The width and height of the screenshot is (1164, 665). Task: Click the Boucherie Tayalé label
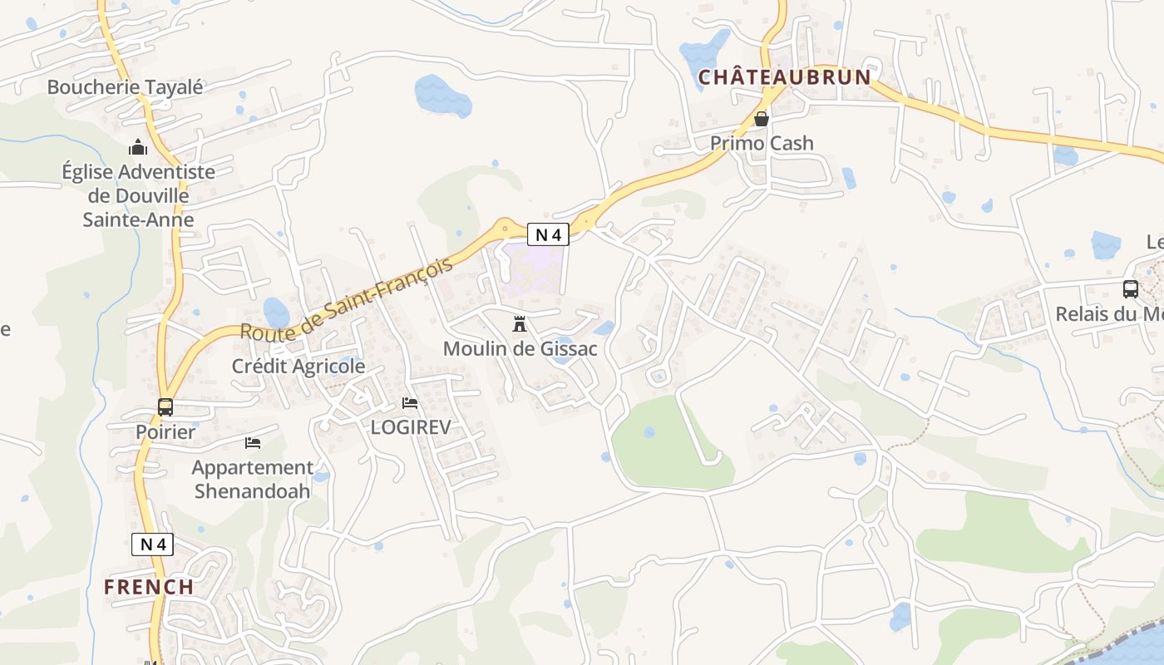[125, 86]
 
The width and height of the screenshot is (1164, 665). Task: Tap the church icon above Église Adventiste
[138, 148]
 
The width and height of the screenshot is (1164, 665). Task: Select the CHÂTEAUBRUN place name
[784, 77]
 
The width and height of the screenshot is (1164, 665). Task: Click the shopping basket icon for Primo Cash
[762, 119]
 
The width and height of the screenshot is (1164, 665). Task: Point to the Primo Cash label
[762, 143]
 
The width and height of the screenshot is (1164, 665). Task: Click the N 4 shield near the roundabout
[548, 234]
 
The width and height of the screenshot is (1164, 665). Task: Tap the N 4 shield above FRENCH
[152, 544]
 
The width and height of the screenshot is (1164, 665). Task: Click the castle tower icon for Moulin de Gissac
[520, 323]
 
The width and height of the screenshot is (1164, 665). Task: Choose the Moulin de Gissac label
[520, 348]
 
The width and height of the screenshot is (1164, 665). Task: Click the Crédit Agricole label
[298, 366]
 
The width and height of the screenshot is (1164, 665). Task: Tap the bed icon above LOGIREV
[410, 403]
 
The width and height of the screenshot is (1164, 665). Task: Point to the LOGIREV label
[410, 427]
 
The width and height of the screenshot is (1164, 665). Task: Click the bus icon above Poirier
[165, 407]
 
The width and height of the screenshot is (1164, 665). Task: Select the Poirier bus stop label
[165, 432]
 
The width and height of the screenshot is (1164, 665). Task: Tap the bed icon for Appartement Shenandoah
[253, 443]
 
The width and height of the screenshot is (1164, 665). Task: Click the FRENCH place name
[149, 587]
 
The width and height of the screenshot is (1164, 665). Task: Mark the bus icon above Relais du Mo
[1131, 289]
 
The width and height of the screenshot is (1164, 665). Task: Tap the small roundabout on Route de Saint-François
[505, 227]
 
